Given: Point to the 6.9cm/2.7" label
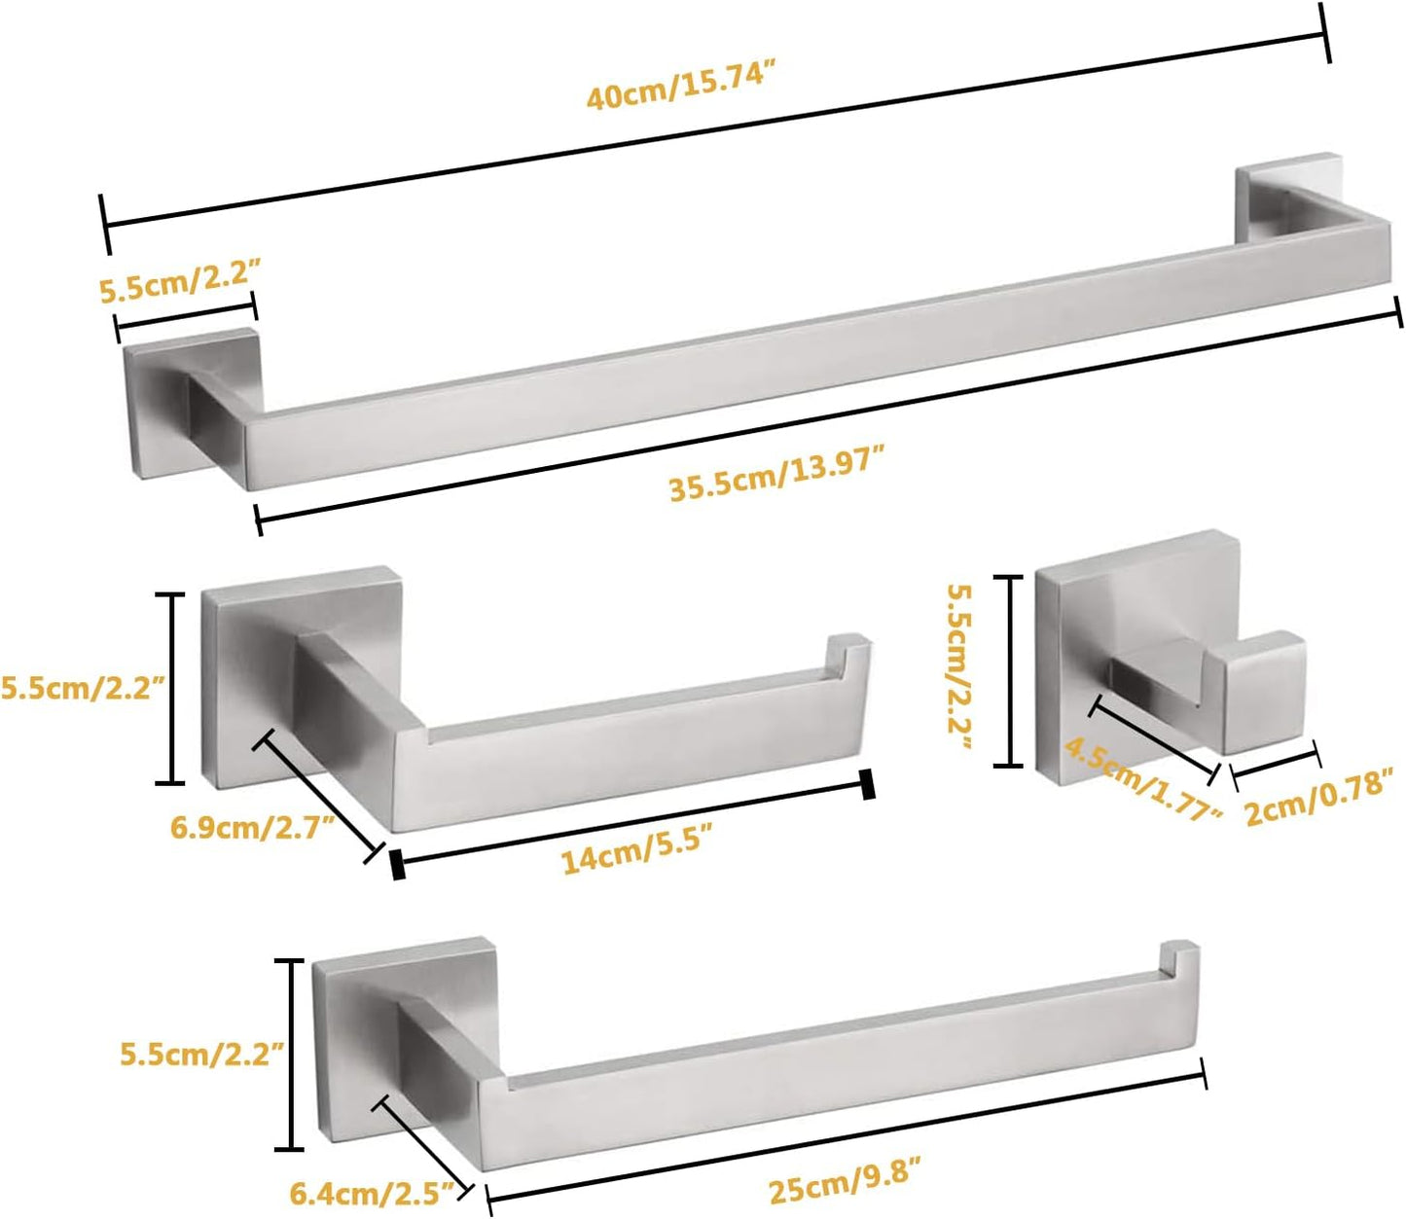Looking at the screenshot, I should point(252,828).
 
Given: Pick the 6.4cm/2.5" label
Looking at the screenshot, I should point(372,1191).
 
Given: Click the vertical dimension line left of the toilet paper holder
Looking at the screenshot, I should point(172,688).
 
